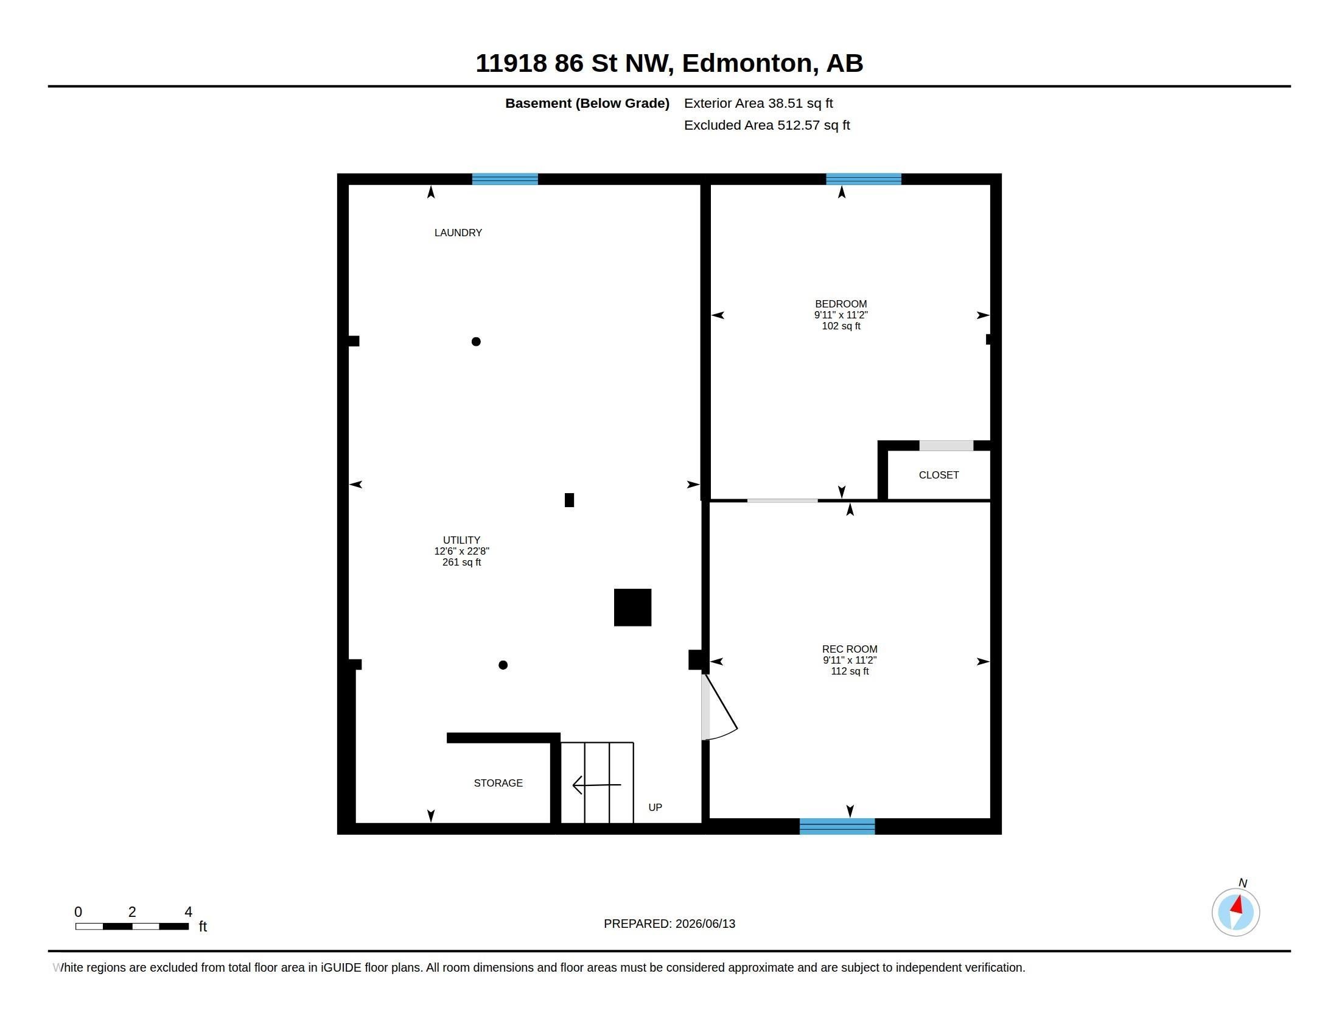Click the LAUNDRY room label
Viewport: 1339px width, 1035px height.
[x=458, y=233]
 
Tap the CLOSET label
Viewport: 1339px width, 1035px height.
[x=939, y=475]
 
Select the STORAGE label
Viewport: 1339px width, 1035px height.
[x=498, y=783]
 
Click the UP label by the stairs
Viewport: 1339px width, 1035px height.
[x=656, y=807]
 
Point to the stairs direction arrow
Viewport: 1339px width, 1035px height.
[x=596, y=785]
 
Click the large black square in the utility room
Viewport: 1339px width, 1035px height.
[x=633, y=607]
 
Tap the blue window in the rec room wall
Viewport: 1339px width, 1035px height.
[x=837, y=826]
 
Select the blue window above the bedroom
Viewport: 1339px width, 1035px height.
[x=863, y=179]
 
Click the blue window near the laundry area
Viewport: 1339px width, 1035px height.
[x=505, y=179]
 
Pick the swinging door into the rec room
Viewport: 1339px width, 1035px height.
[x=719, y=707]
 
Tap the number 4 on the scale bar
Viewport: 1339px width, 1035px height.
[x=188, y=912]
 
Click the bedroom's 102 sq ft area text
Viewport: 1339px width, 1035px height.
[x=841, y=326]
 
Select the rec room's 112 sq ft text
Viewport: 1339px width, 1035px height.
[x=850, y=672]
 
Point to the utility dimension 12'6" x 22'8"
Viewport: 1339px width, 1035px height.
[x=462, y=551]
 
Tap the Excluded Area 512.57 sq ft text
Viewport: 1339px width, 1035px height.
[x=767, y=125]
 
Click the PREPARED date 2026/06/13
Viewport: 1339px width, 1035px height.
[x=705, y=924]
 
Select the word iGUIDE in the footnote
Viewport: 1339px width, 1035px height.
[x=341, y=967]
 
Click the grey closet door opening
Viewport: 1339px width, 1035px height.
[x=946, y=446]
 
